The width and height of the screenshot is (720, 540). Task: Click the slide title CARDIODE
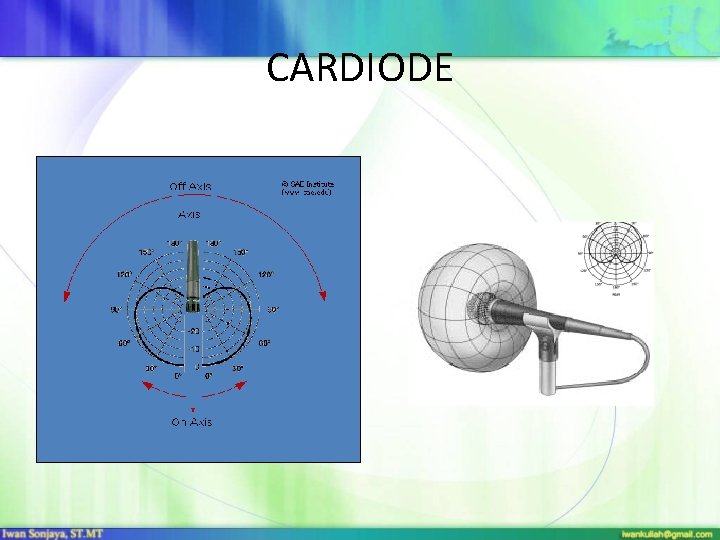click(360, 68)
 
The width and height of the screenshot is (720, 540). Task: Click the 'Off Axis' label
click(190, 186)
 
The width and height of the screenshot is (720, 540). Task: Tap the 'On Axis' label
click(191, 422)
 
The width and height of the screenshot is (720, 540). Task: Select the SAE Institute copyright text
click(307, 187)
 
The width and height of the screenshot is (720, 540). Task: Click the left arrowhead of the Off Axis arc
click(67, 296)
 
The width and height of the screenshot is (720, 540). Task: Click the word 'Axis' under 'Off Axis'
click(189, 214)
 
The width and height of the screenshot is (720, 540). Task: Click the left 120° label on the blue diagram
click(123, 273)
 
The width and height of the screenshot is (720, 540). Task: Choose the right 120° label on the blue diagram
click(266, 273)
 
